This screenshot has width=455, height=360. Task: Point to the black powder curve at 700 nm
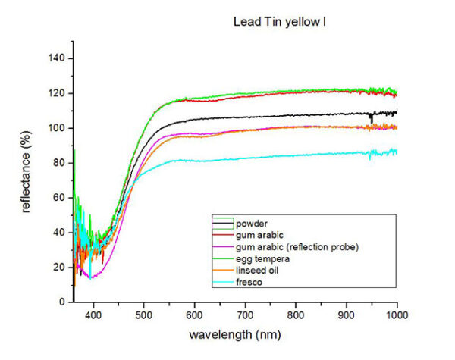pyautogui.click(x=246, y=117)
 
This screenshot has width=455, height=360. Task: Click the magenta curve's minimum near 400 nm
pyautogui.click(x=92, y=277)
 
